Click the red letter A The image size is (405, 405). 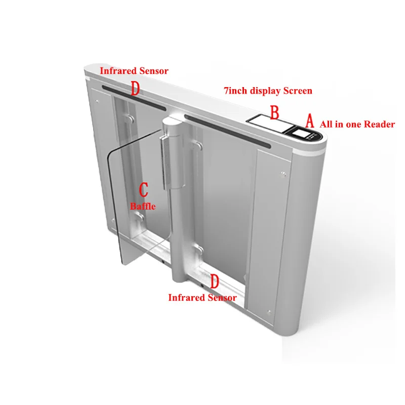309,120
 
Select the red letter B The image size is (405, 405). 274,112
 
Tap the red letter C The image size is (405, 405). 144,190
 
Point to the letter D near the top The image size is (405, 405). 135,89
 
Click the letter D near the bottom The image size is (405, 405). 215,281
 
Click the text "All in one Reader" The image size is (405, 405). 357,124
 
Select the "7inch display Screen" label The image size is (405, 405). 268,91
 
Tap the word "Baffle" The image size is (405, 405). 143,206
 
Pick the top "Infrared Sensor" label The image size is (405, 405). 134,71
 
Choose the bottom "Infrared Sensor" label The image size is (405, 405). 202,298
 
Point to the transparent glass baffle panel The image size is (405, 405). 134,213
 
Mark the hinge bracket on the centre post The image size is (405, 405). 165,157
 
